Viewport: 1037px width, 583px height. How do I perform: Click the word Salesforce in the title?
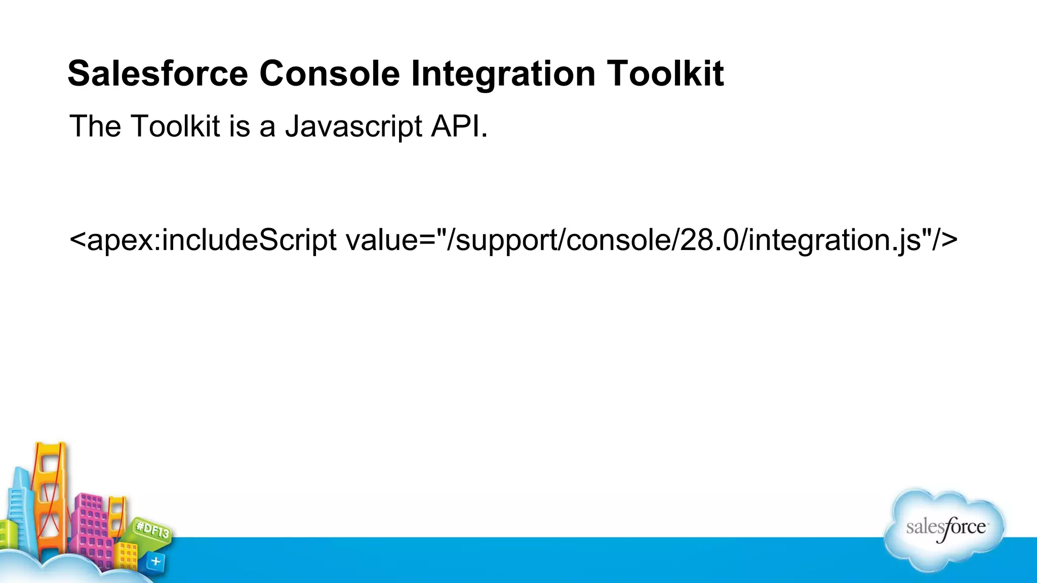(157, 74)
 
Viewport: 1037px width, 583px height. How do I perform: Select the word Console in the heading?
(330, 74)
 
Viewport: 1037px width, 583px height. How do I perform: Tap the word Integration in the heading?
(503, 74)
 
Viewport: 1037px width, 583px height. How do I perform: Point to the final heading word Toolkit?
(665, 74)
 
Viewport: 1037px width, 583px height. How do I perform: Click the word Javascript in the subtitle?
(353, 127)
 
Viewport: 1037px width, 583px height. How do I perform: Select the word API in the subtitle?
(458, 127)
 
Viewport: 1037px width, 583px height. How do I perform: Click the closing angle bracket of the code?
(950, 240)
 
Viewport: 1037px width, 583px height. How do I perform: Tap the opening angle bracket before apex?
(77, 240)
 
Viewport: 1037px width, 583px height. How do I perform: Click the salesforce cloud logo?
(945, 529)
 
